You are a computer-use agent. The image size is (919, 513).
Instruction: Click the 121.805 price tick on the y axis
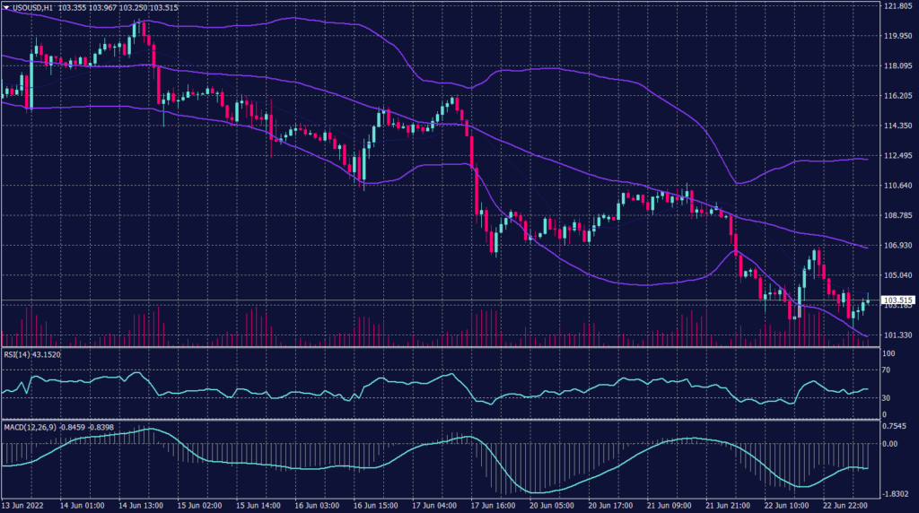(x=898, y=6)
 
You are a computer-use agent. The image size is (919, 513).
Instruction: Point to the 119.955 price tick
(x=898, y=37)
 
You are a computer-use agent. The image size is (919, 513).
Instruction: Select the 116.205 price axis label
(x=898, y=96)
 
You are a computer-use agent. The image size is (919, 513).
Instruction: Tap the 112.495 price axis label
(x=898, y=156)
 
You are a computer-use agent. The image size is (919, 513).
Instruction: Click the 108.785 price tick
(x=898, y=215)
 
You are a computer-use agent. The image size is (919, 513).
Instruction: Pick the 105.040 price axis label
(x=898, y=275)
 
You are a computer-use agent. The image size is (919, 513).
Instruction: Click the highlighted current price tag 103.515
(x=898, y=300)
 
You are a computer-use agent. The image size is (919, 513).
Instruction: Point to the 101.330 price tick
(x=898, y=335)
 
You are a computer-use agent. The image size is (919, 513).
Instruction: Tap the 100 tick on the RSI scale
(x=890, y=354)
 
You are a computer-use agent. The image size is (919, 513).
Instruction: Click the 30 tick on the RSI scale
(x=888, y=397)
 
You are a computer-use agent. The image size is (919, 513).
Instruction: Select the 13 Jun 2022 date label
(x=23, y=505)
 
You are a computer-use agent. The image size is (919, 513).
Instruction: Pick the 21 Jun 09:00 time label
(x=664, y=505)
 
